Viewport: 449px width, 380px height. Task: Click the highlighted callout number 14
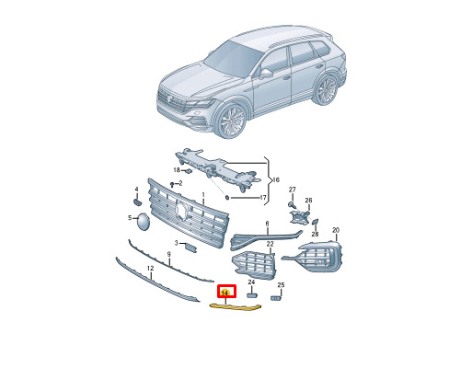click(225, 293)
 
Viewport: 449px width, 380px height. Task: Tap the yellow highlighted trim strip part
click(235, 307)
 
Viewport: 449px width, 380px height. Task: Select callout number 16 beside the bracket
click(276, 179)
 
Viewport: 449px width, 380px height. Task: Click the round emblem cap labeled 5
click(143, 222)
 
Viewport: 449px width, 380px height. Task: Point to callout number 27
click(292, 190)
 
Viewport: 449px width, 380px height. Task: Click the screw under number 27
click(291, 204)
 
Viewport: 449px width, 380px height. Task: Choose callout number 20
click(336, 230)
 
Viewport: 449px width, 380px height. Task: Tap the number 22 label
click(270, 244)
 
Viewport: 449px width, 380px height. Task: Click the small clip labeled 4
click(137, 202)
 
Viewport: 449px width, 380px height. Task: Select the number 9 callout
click(168, 254)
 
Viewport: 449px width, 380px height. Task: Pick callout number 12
click(150, 269)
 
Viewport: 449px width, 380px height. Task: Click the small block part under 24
click(252, 295)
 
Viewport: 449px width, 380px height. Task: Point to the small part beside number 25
click(276, 297)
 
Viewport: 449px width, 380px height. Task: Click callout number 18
click(177, 170)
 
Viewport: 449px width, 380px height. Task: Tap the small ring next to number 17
click(227, 198)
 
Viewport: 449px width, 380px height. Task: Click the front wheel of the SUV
click(231, 121)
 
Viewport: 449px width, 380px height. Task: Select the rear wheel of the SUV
click(326, 89)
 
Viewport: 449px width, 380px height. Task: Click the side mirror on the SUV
click(266, 74)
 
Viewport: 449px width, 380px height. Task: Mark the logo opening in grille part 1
click(181, 210)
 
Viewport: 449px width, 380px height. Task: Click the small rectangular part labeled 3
click(191, 248)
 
